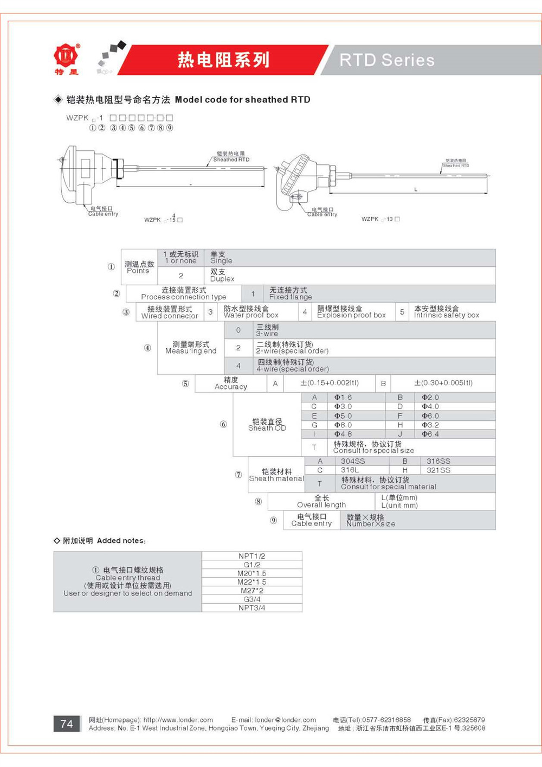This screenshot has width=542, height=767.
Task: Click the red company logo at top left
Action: pyautogui.click(x=66, y=56)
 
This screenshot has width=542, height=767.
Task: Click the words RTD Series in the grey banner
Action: pyautogui.click(x=387, y=60)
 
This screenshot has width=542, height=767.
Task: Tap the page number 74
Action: pyautogui.click(x=67, y=724)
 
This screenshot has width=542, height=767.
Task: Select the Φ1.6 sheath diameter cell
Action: pyautogui.click(x=343, y=398)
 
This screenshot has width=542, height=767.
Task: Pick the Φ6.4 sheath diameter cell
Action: pyautogui.click(x=430, y=434)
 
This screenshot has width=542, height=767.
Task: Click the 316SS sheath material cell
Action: pyautogui.click(x=438, y=461)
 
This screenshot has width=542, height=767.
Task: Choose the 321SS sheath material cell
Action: pyautogui.click(x=438, y=470)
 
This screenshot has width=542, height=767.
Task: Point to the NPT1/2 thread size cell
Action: pyautogui.click(x=252, y=556)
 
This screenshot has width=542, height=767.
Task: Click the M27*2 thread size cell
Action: pyautogui.click(x=252, y=591)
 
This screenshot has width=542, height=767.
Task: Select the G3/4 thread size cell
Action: pyautogui.click(x=252, y=599)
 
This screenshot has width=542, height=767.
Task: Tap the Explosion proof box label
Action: pyautogui.click(x=351, y=315)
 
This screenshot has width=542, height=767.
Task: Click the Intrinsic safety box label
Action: pyautogui.click(x=447, y=315)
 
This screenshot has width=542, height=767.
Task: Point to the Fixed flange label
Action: pyautogui.click(x=291, y=297)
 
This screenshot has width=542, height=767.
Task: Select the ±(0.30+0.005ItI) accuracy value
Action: pyautogui.click(x=443, y=383)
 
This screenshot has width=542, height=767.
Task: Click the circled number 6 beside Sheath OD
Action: pyautogui.click(x=223, y=424)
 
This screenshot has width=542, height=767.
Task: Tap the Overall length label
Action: pyautogui.click(x=321, y=505)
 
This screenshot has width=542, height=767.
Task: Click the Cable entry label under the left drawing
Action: pyautogui.click(x=103, y=214)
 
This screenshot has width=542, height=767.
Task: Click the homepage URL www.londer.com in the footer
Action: pyautogui.click(x=178, y=720)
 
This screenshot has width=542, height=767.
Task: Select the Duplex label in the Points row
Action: pyautogui.click(x=222, y=279)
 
